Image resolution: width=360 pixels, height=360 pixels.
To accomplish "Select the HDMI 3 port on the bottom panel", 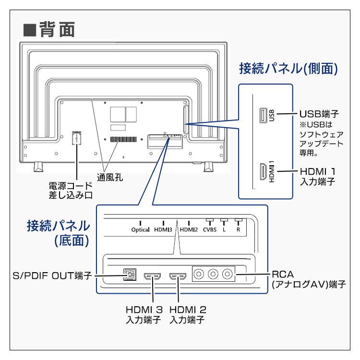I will click(x=153, y=276).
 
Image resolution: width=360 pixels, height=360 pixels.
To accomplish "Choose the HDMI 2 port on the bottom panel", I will click(x=178, y=276).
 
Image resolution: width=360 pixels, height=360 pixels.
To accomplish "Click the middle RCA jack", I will click(x=214, y=275).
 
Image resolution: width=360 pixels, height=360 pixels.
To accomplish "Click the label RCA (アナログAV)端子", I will click(x=309, y=279).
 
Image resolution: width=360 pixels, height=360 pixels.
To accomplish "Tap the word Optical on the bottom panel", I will click(x=140, y=229).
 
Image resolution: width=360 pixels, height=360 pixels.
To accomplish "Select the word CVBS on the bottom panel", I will click(x=209, y=229).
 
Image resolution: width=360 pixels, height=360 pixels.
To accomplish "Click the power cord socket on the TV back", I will click(x=75, y=138).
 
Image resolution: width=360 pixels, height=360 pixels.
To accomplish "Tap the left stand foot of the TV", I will click(x=38, y=168).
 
